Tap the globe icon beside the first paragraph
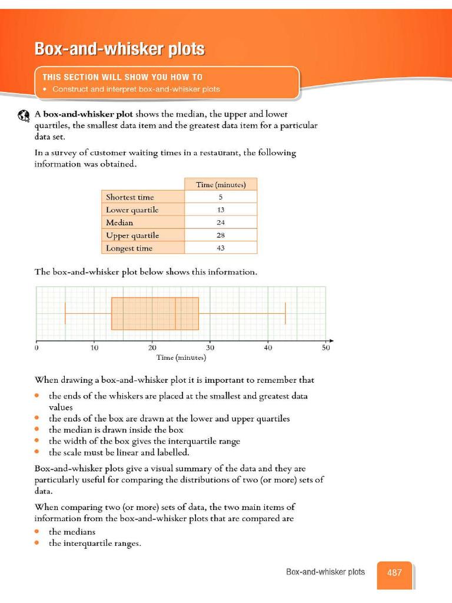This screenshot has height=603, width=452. point(24,115)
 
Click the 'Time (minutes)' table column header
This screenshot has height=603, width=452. point(221,185)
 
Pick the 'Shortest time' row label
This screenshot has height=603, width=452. point(129,197)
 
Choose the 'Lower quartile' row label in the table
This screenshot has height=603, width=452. point(132,210)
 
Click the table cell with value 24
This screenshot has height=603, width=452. point(221,223)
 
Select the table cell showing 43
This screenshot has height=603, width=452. point(221,248)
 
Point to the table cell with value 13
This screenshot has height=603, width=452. point(221,210)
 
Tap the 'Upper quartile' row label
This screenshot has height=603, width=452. point(132,236)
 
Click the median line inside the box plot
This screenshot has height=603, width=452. point(175,313)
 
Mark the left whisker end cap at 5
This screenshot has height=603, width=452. point(65,313)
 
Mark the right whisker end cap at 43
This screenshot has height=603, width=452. point(285,313)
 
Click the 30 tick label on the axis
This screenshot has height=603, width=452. point(210,348)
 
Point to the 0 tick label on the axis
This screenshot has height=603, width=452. point(36,348)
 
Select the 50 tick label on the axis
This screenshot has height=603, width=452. point(326,348)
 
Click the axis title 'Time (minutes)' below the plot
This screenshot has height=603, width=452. point(181,357)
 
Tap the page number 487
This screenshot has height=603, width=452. point(394,572)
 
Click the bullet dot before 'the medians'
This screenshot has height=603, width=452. point(37,532)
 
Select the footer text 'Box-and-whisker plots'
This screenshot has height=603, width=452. point(325,572)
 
